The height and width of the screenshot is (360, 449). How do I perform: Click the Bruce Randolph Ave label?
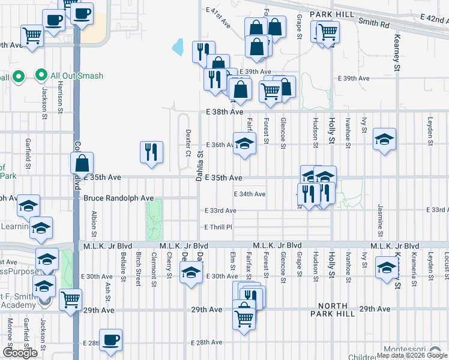point(118,198)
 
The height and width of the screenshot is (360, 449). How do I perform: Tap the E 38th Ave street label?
point(224,112)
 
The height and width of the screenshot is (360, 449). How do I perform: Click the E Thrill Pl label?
point(218,227)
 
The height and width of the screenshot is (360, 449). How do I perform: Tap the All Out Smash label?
point(76,76)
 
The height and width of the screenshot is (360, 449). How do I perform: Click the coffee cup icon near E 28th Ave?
point(110,340)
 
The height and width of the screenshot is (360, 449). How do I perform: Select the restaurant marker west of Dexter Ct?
point(152,151)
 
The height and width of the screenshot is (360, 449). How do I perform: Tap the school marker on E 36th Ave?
point(244,144)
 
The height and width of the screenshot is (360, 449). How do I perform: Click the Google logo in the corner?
point(20,353)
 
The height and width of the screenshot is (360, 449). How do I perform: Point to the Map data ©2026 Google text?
point(412,355)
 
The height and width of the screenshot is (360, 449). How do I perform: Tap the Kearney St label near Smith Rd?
point(397,50)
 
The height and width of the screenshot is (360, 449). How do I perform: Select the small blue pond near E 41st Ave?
point(178,46)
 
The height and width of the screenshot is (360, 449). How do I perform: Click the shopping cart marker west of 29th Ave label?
point(71,299)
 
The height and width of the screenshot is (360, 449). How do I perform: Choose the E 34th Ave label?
point(249,194)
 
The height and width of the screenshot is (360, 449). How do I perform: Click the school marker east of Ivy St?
point(384,140)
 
